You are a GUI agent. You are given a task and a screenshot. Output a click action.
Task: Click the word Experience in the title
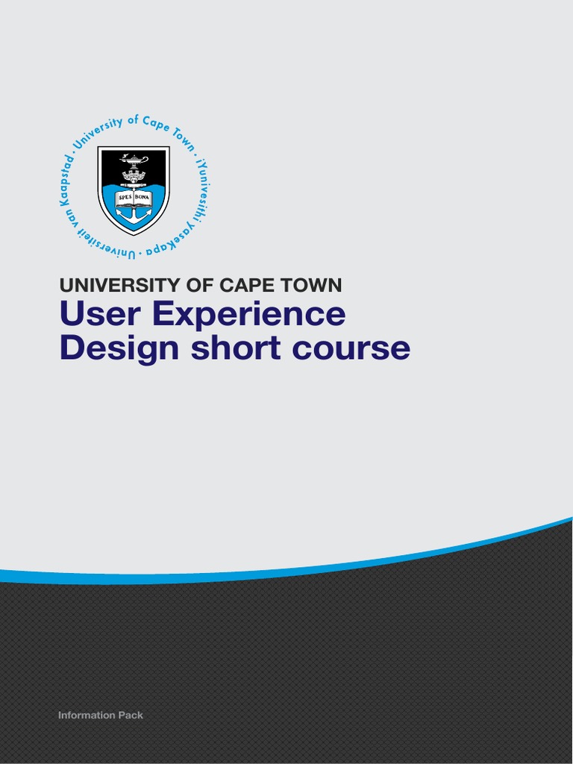(x=249, y=315)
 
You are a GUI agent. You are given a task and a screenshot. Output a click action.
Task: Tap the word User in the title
(x=101, y=313)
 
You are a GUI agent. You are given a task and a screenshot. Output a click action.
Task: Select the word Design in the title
(x=119, y=348)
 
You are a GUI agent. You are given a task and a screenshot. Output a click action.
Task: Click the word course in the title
(x=351, y=349)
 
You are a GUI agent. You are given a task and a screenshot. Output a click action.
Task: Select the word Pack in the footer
(x=130, y=715)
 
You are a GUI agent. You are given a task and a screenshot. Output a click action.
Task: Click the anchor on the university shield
(x=134, y=213)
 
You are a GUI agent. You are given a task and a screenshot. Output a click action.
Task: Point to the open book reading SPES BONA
(x=134, y=198)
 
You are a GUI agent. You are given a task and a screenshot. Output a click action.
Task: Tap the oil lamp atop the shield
(x=134, y=160)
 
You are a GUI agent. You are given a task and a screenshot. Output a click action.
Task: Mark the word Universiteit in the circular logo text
(x=101, y=242)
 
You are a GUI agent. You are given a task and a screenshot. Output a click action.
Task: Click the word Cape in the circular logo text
(x=157, y=125)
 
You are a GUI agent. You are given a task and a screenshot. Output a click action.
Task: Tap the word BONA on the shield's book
(x=143, y=198)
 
